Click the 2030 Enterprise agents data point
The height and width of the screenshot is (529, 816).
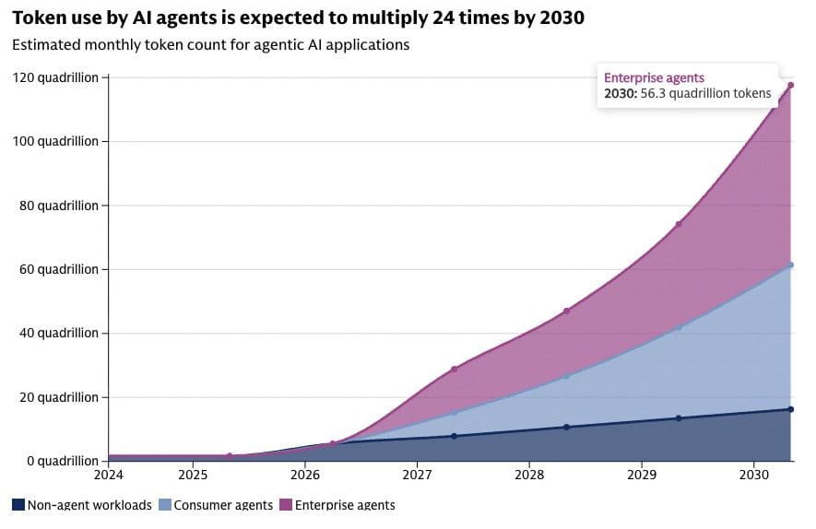point(790,85)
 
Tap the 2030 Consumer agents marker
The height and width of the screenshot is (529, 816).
point(790,265)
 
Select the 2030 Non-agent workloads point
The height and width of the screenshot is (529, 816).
point(790,409)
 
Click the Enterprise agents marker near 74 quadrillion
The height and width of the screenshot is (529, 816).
point(679,224)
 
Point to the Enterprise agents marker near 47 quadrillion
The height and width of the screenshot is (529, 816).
point(566,312)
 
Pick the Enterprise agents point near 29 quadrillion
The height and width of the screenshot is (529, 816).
point(454,370)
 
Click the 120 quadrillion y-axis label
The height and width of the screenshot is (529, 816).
point(55,78)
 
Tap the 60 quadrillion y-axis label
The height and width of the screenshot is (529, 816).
point(59,269)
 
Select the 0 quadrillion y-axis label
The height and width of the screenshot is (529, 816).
point(62,461)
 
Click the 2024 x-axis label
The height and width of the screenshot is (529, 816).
point(108,475)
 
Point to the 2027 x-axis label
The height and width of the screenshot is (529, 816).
point(417,475)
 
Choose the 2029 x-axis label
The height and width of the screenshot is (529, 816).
point(642,475)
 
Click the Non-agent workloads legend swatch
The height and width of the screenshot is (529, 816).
point(18,504)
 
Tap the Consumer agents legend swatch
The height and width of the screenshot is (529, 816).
point(164,504)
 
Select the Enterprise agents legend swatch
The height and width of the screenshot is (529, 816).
point(286,504)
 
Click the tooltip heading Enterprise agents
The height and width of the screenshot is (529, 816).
point(654,78)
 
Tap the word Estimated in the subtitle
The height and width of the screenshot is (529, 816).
point(46,45)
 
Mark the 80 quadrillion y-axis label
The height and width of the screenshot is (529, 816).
point(59,206)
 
